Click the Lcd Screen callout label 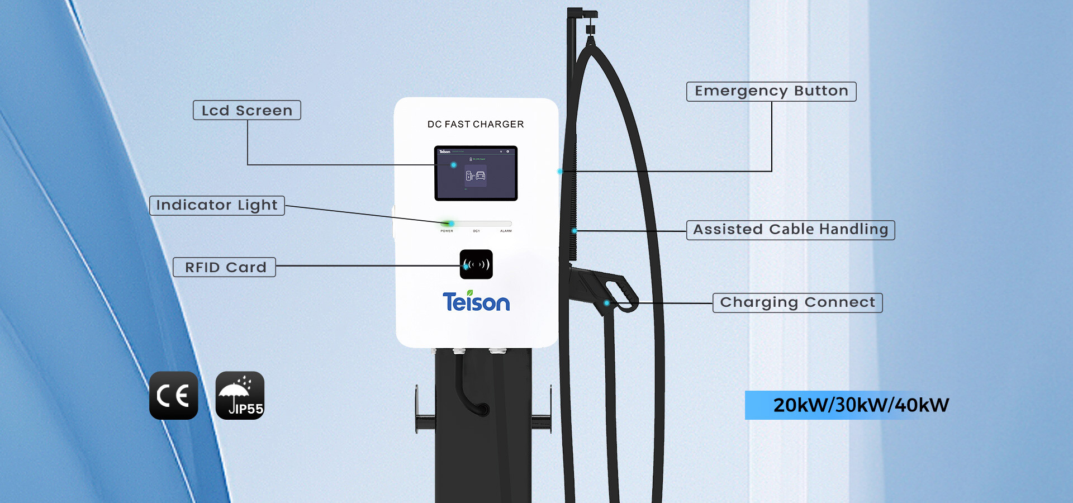[x=247, y=110]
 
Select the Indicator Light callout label [x=217, y=205]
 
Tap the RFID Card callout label [x=225, y=267]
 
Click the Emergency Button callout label [x=771, y=91]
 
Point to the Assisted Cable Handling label [x=790, y=230]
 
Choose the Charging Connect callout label [x=797, y=302]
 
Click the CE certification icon [x=173, y=396]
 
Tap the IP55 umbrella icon [x=240, y=396]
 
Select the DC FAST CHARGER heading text [x=476, y=124]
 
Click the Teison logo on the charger [x=476, y=302]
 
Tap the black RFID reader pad [x=476, y=264]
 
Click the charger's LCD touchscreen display [x=476, y=173]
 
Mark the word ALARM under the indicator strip [x=506, y=231]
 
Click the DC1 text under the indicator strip [x=476, y=231]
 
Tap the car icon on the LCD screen [x=480, y=176]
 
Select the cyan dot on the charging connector [x=606, y=303]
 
